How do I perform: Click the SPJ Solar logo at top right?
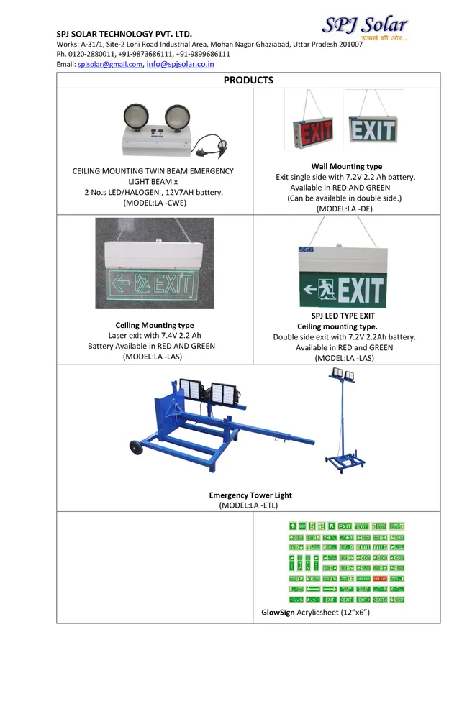point(365,27)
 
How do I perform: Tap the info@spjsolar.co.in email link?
point(180,64)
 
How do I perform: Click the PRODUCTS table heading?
point(248,80)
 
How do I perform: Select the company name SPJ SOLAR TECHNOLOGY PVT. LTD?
point(124,34)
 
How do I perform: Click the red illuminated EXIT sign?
point(315,132)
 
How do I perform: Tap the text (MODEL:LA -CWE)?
point(153,203)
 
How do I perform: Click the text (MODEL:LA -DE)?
point(346,209)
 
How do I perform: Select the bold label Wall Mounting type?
point(346,166)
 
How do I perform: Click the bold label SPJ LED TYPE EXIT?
point(343,316)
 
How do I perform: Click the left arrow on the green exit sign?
point(310,291)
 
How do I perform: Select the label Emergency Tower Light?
point(250,495)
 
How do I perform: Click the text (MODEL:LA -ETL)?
point(249,505)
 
